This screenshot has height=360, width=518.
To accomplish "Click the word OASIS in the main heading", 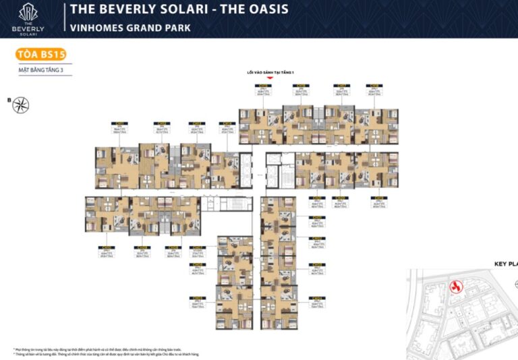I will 262,9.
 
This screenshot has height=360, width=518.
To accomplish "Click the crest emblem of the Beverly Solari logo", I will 29,11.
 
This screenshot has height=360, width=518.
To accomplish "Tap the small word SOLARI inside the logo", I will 29,34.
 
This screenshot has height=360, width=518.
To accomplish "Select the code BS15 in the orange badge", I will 51,55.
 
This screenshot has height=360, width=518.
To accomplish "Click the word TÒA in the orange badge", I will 29,55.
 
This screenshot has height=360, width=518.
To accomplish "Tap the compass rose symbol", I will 21,104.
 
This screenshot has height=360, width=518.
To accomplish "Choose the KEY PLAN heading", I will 505,264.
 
